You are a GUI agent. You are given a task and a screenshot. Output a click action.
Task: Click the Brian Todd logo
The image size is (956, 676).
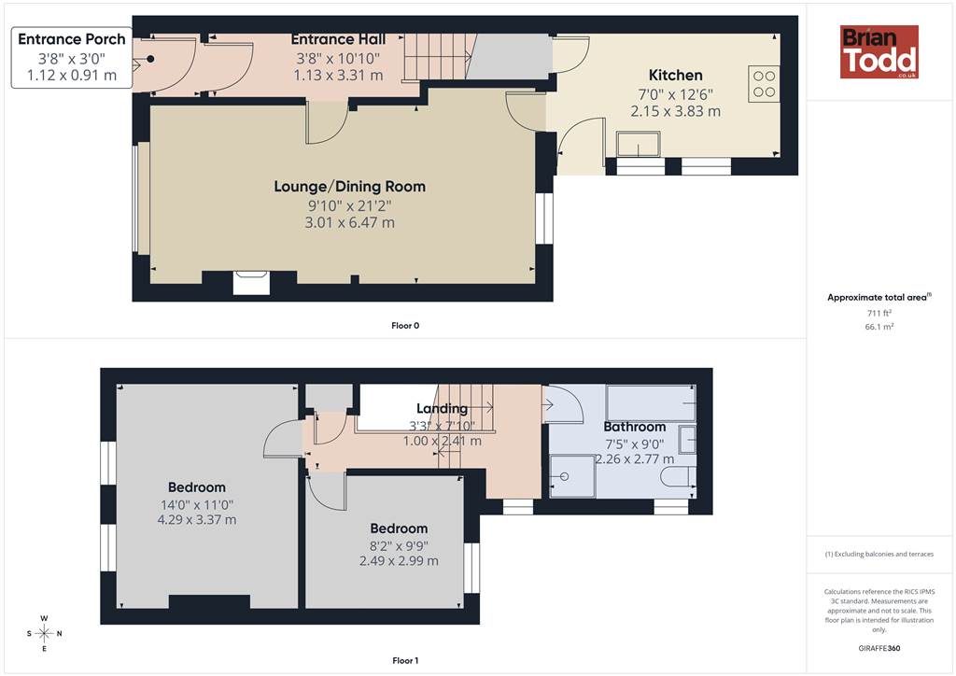(879, 51)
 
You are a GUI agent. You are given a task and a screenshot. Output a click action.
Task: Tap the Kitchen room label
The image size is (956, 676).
(676, 75)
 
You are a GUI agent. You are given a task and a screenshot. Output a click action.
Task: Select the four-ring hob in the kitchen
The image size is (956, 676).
(764, 84)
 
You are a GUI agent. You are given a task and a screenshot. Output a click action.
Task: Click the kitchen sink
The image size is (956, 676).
(639, 144)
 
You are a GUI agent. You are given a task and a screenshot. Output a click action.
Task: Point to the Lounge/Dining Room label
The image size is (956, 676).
(349, 187)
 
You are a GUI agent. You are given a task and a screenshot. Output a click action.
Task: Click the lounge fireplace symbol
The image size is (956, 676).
(252, 283)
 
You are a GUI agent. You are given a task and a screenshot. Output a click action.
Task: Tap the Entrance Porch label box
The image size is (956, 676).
(72, 57)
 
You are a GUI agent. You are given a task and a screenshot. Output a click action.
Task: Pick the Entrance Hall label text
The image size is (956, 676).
(338, 39)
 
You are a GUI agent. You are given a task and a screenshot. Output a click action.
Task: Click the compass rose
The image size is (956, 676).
(45, 633)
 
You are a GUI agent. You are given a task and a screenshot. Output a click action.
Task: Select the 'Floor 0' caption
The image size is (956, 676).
(405, 326)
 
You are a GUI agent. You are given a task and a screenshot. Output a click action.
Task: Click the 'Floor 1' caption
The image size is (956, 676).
(405, 660)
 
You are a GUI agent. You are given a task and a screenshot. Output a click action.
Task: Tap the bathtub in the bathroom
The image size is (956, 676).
(651, 403)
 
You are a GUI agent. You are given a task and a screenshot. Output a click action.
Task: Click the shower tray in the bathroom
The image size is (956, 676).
(572, 476)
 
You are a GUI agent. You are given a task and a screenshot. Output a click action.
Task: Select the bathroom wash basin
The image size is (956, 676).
(688, 440)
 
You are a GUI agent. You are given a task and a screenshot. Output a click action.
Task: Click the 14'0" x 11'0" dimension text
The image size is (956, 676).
(197, 505)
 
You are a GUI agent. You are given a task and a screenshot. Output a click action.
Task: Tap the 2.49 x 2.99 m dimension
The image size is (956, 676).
(399, 561)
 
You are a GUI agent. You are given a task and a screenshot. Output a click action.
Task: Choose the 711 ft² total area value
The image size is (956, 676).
(879, 313)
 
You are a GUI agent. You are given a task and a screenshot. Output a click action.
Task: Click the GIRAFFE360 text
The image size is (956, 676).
(879, 648)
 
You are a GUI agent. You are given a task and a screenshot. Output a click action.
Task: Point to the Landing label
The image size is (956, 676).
(442, 408)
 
